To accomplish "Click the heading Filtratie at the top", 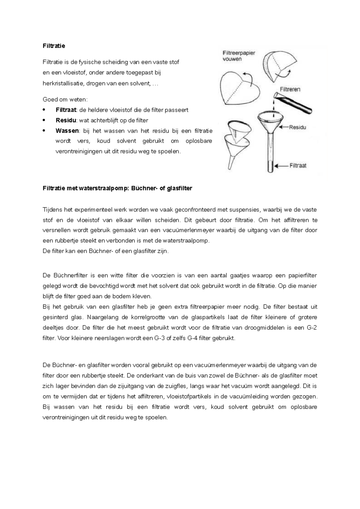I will click(x=54, y=46).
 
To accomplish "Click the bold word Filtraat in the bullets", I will click(x=66, y=110).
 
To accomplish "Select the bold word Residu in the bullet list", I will click(x=66, y=121).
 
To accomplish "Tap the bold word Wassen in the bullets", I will click(x=67, y=131).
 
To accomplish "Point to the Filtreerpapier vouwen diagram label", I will click(x=239, y=56).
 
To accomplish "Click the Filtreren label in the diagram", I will click(x=290, y=89).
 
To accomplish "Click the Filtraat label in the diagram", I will click(x=298, y=165).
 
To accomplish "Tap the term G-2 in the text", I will click(x=312, y=328).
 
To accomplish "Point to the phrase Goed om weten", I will click(x=65, y=100).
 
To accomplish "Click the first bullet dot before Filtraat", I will click(x=44, y=110).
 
